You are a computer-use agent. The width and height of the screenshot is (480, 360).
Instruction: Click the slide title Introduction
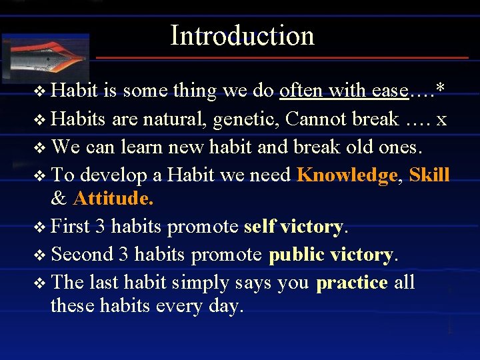[242, 35]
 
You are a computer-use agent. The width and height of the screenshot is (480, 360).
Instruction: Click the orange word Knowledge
[347, 175]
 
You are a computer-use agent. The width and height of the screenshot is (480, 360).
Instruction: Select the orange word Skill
[429, 175]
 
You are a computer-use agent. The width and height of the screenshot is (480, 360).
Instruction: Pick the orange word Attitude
[113, 199]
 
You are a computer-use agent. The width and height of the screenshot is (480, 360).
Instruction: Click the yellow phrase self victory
[293, 227]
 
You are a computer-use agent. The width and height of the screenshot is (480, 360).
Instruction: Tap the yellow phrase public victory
[331, 255]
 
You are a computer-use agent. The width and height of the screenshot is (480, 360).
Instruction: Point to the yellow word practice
[352, 283]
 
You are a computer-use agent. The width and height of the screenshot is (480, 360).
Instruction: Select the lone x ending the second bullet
[441, 119]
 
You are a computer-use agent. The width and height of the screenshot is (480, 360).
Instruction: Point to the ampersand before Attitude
[59, 199]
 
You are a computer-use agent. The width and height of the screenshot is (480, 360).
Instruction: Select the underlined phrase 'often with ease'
[344, 90]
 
